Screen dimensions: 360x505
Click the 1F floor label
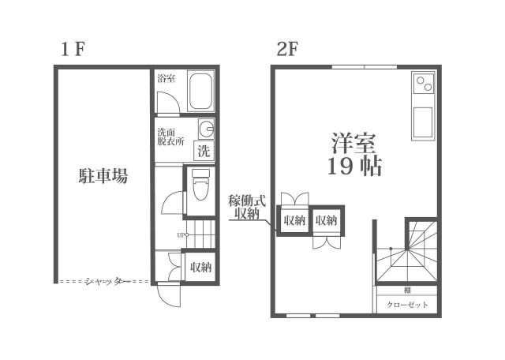73,49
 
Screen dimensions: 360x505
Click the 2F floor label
286,49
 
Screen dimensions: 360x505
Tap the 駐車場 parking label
103,175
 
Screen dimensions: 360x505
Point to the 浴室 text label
166,78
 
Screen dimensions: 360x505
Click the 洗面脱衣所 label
170,137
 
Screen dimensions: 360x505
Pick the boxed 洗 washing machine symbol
204,150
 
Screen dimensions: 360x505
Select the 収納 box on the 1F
200,267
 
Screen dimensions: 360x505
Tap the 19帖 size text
354,167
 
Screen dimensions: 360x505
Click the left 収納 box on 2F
294,220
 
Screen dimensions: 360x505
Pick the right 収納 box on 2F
327,220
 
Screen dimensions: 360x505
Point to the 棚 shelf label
406,290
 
